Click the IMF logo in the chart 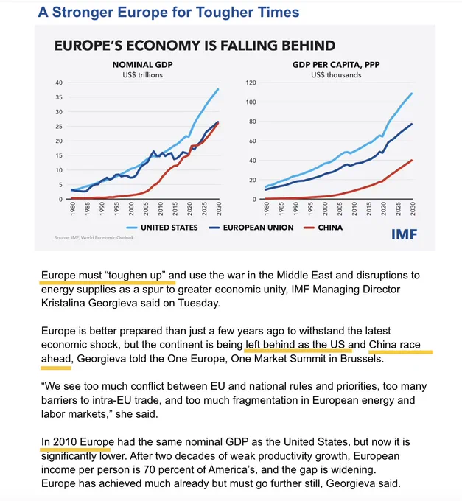405,234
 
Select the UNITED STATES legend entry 162,228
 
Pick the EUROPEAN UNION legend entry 251,228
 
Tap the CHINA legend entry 323,228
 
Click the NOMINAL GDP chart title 142,65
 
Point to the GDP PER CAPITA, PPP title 336,65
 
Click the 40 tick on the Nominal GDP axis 59,83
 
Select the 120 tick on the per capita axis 251,83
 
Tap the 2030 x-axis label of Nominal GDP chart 219,209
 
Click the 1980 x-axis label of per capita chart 267,209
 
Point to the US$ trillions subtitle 142,74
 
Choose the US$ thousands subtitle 336,74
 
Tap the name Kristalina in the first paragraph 63,303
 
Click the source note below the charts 94,238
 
